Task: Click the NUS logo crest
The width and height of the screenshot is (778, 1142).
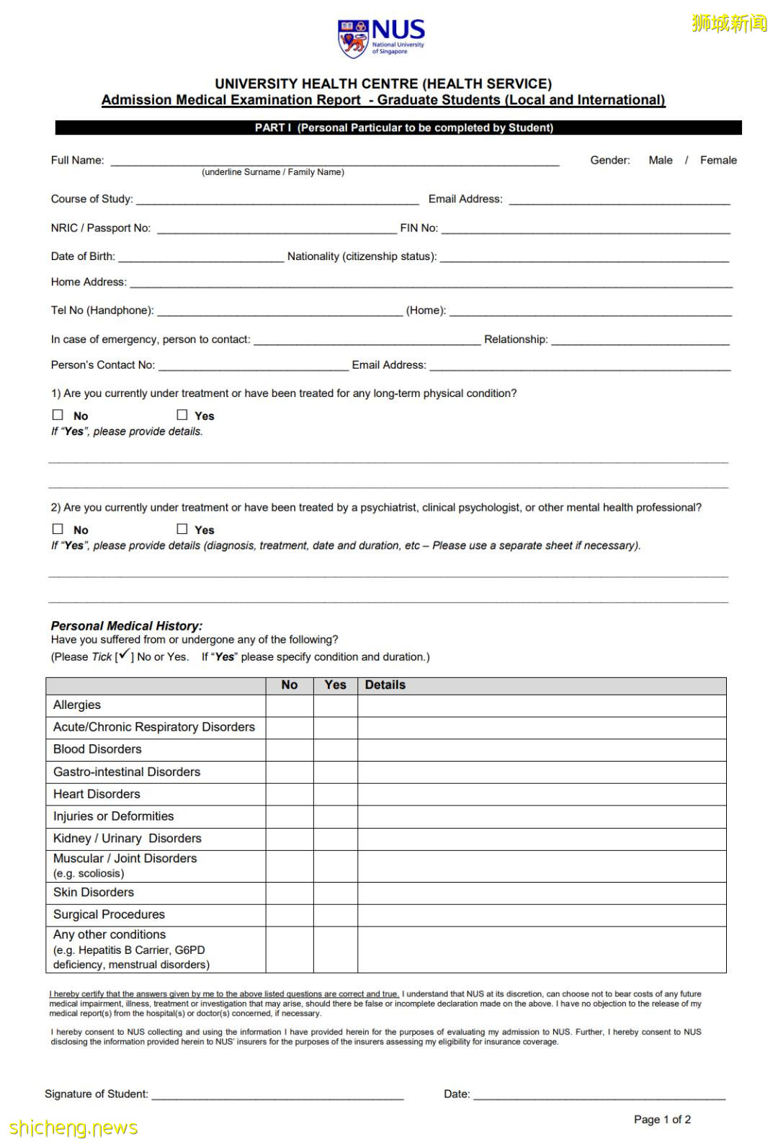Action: click(353, 38)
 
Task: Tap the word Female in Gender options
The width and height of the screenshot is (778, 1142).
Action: click(718, 160)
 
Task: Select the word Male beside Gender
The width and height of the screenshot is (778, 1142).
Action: click(660, 160)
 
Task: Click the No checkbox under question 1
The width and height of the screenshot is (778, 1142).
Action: click(58, 415)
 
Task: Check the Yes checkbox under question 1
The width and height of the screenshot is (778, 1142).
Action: click(182, 415)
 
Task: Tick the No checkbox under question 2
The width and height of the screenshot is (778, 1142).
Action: click(58, 529)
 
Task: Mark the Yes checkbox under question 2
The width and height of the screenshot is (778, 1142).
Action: click(182, 529)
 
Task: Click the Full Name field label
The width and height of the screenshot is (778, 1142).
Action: click(77, 160)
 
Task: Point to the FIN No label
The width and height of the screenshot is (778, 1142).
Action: click(419, 228)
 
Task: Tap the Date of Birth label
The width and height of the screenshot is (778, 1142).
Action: click(83, 256)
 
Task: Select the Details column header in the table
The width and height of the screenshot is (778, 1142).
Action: click(385, 685)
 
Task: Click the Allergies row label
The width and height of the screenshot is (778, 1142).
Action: click(77, 705)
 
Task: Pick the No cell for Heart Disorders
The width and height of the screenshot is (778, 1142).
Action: click(290, 794)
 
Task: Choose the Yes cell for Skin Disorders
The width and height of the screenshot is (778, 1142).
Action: click(335, 892)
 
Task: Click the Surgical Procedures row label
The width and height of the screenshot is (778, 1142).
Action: click(109, 914)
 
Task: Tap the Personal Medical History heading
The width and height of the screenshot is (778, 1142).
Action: click(127, 625)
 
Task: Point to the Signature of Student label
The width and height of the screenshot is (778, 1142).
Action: click(97, 1094)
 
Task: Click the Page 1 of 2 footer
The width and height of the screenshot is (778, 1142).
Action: click(662, 1119)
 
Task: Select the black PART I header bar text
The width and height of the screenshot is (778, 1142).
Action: click(403, 128)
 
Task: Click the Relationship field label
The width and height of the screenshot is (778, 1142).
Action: click(516, 339)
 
